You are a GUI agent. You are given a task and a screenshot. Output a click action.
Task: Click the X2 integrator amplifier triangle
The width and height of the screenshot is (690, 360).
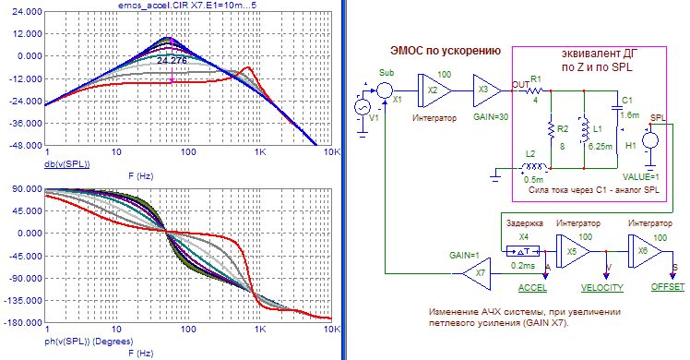point(434,90)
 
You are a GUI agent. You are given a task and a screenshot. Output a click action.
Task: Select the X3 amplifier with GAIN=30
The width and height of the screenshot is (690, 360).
point(487,90)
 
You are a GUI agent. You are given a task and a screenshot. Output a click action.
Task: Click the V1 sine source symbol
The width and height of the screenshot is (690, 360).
point(363,107)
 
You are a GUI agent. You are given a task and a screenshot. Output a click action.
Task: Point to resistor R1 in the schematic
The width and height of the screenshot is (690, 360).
point(536,91)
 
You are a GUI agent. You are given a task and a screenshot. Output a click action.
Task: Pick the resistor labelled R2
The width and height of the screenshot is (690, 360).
point(551,130)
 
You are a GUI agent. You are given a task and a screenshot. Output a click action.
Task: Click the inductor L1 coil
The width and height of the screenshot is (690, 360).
point(585,129)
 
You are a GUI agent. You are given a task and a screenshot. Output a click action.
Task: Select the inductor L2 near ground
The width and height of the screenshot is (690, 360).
point(533,167)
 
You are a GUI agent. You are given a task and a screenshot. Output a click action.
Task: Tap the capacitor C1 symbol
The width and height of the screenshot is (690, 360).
point(616,107)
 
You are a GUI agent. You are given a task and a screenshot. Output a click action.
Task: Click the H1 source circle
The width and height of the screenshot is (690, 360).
point(650,141)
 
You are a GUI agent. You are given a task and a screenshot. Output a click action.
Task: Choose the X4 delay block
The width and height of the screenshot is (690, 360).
point(523,251)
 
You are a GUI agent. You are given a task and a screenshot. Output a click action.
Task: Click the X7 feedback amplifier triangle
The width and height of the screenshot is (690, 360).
point(477,273)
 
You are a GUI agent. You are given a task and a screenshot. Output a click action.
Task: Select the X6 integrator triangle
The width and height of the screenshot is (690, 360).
point(646,251)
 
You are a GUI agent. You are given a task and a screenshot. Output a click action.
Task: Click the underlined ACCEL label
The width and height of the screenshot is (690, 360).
point(532,288)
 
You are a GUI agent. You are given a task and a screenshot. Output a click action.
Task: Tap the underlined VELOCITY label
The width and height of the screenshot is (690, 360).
point(602,288)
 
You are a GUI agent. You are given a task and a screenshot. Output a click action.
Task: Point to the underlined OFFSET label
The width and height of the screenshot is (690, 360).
point(668,287)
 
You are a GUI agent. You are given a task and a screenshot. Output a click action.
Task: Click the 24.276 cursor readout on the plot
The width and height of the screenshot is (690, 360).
point(172,61)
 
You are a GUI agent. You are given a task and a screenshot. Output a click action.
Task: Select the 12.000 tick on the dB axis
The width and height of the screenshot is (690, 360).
point(28,34)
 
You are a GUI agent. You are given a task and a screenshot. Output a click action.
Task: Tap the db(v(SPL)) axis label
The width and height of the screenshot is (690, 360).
point(67,164)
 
